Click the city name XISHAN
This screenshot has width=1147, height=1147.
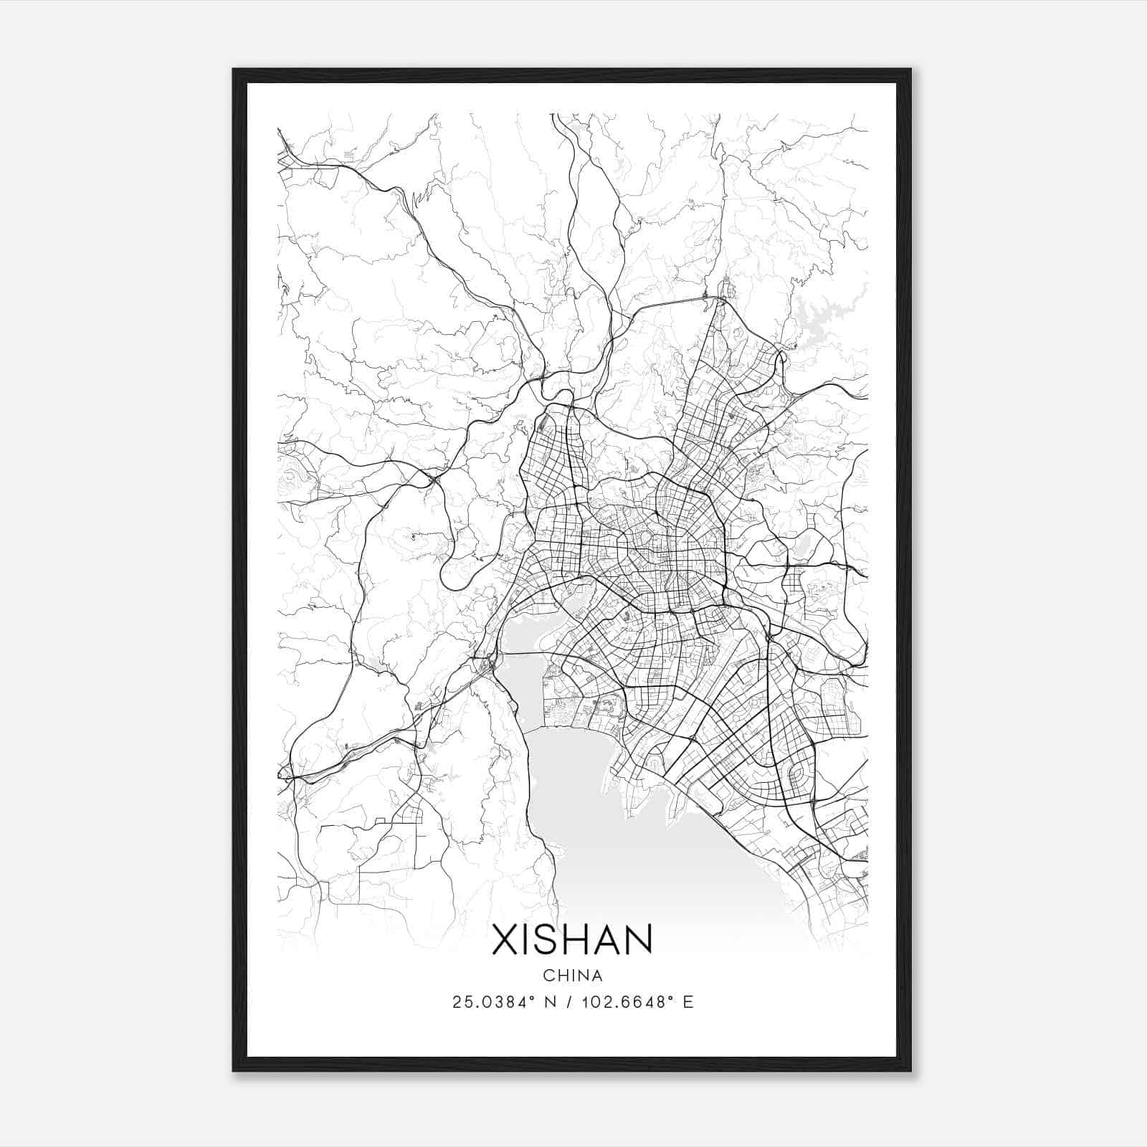pos(572,939)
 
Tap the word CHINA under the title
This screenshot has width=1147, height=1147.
pos(572,976)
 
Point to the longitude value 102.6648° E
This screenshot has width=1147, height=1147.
pos(632,1002)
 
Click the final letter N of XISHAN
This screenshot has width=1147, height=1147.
pos(637,939)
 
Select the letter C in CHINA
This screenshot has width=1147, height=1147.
pos(548,976)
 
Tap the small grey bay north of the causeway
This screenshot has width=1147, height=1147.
pos(530,631)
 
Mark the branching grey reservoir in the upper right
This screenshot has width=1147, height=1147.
pos(824,315)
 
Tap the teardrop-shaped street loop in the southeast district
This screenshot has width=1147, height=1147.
pos(794,774)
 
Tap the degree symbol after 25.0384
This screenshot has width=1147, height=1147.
pos(532,997)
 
